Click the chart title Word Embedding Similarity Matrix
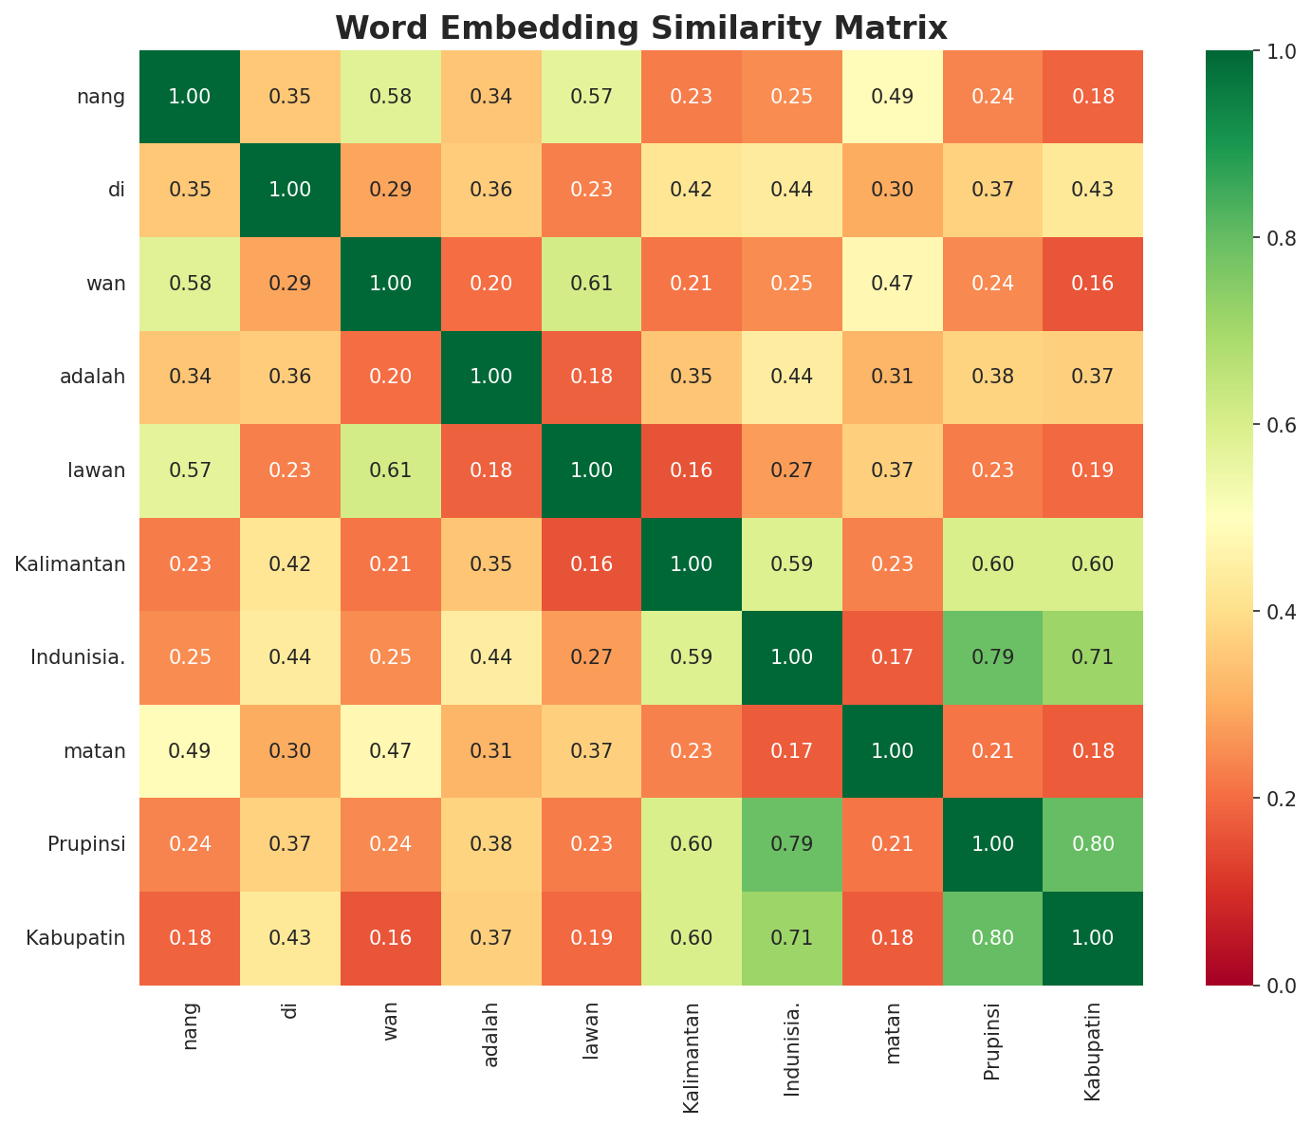641,28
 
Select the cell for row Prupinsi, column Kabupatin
1092,844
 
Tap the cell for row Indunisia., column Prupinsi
991,657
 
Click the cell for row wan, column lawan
591,283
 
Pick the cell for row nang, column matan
892,96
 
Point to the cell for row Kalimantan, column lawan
591,564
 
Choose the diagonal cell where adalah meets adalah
490,377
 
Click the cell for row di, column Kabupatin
1092,190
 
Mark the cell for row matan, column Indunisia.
791,751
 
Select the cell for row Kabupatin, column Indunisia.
791,938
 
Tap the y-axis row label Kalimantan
70,564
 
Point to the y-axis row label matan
94,751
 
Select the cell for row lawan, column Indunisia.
791,470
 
